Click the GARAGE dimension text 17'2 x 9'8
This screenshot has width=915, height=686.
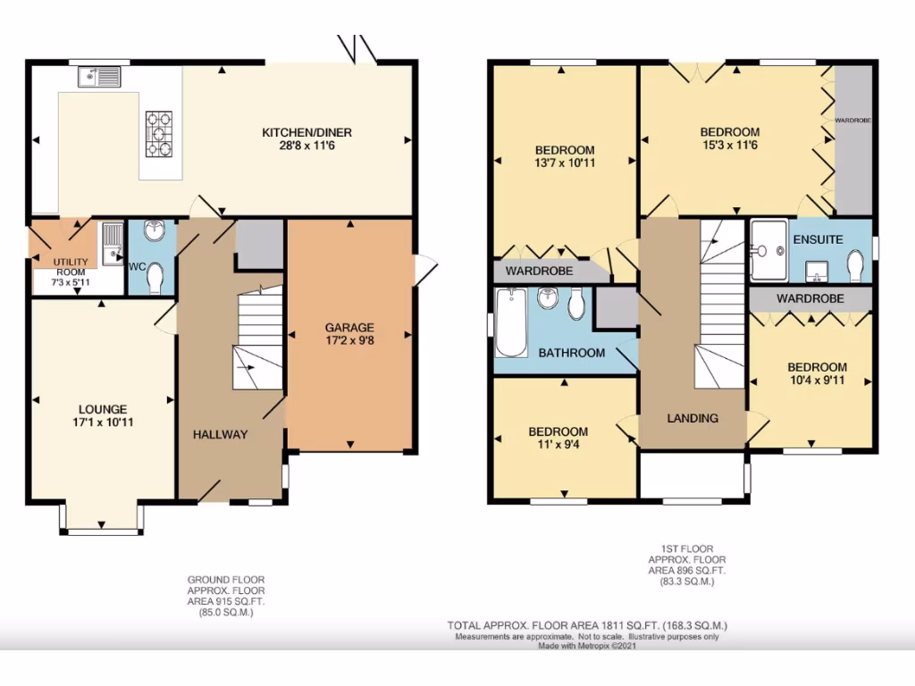point(349,340)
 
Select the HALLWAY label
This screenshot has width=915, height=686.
point(221,434)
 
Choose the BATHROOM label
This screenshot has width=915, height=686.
point(572,353)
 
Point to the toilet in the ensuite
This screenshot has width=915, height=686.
point(855,265)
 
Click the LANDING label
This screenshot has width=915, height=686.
point(693,418)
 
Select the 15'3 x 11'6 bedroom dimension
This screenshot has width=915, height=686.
point(729,145)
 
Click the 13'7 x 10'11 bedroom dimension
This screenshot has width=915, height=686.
point(564,163)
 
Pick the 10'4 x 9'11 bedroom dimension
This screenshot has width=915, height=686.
point(817,380)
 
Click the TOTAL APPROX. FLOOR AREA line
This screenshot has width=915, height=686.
point(593,625)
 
